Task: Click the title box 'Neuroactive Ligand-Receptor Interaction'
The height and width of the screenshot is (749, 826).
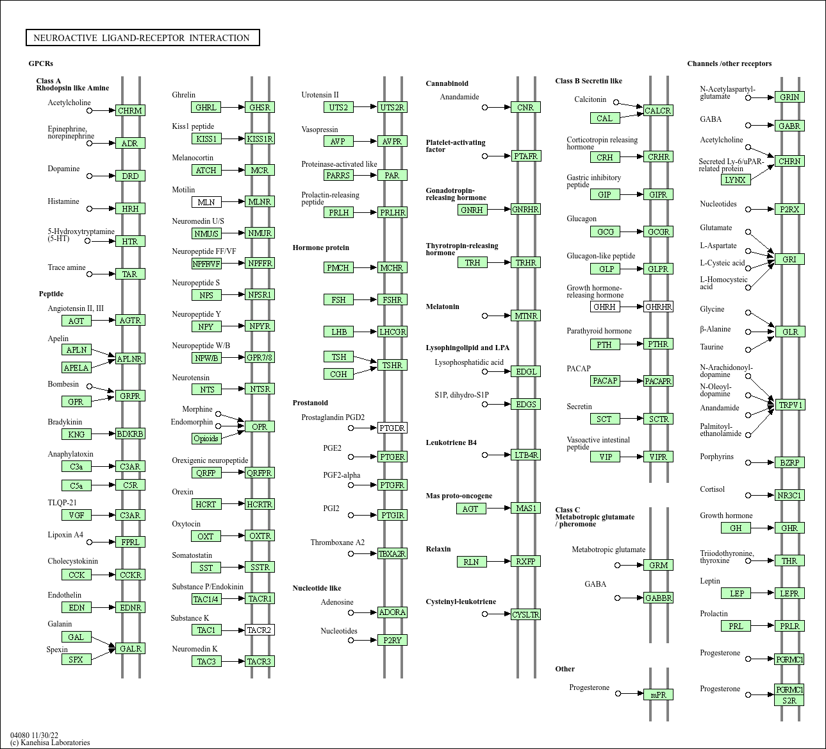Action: pyautogui.click(x=142, y=37)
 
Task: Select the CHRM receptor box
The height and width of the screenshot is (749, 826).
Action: pyautogui.click(x=130, y=110)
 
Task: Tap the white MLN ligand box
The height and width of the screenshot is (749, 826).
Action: pyautogui.click(x=206, y=202)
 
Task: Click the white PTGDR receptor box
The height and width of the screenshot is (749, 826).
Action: pyautogui.click(x=392, y=428)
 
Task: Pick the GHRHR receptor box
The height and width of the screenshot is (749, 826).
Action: pyautogui.click(x=658, y=307)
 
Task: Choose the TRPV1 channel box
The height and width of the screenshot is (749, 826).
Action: pyautogui.click(x=789, y=405)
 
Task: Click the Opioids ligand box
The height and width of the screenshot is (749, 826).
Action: pyautogui.click(x=206, y=439)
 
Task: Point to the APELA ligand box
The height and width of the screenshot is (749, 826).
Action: pyautogui.click(x=77, y=367)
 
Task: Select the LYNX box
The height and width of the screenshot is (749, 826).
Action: pyautogui.click(x=736, y=180)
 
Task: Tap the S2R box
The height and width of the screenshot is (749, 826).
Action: pyautogui.click(x=789, y=700)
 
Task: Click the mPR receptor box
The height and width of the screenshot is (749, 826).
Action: pyautogui.click(x=658, y=694)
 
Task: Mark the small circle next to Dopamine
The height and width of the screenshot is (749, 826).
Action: pyautogui.click(x=89, y=176)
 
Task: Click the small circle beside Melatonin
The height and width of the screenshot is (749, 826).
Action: pyautogui.click(x=484, y=316)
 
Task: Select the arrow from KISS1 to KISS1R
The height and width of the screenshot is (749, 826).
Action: pyautogui.click(x=233, y=139)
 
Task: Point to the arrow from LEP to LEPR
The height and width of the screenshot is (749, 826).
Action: pyautogui.click(x=763, y=593)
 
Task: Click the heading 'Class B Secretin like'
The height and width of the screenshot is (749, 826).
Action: pyautogui.click(x=588, y=81)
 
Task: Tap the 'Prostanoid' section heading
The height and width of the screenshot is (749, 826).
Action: pyautogui.click(x=310, y=403)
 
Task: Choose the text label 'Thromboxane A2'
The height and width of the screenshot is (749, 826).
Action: pyautogui.click(x=337, y=543)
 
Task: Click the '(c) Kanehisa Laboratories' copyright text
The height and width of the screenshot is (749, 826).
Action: pyautogui.click(x=50, y=743)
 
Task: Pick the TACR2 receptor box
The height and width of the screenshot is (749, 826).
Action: pyautogui.click(x=260, y=630)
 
